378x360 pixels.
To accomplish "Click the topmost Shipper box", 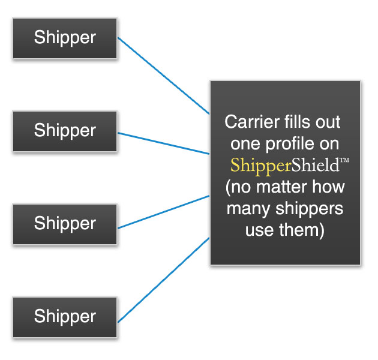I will pos(65,38).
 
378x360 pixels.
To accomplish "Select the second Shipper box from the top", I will pos(65,131).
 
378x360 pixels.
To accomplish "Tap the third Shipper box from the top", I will pos(65,224).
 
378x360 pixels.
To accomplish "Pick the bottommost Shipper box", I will pos(65,317).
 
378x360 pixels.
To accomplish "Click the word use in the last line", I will pos(259,230).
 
